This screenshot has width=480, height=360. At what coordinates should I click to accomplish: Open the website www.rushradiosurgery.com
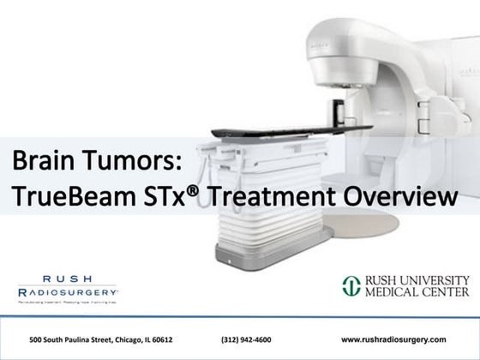tap(400, 339)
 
